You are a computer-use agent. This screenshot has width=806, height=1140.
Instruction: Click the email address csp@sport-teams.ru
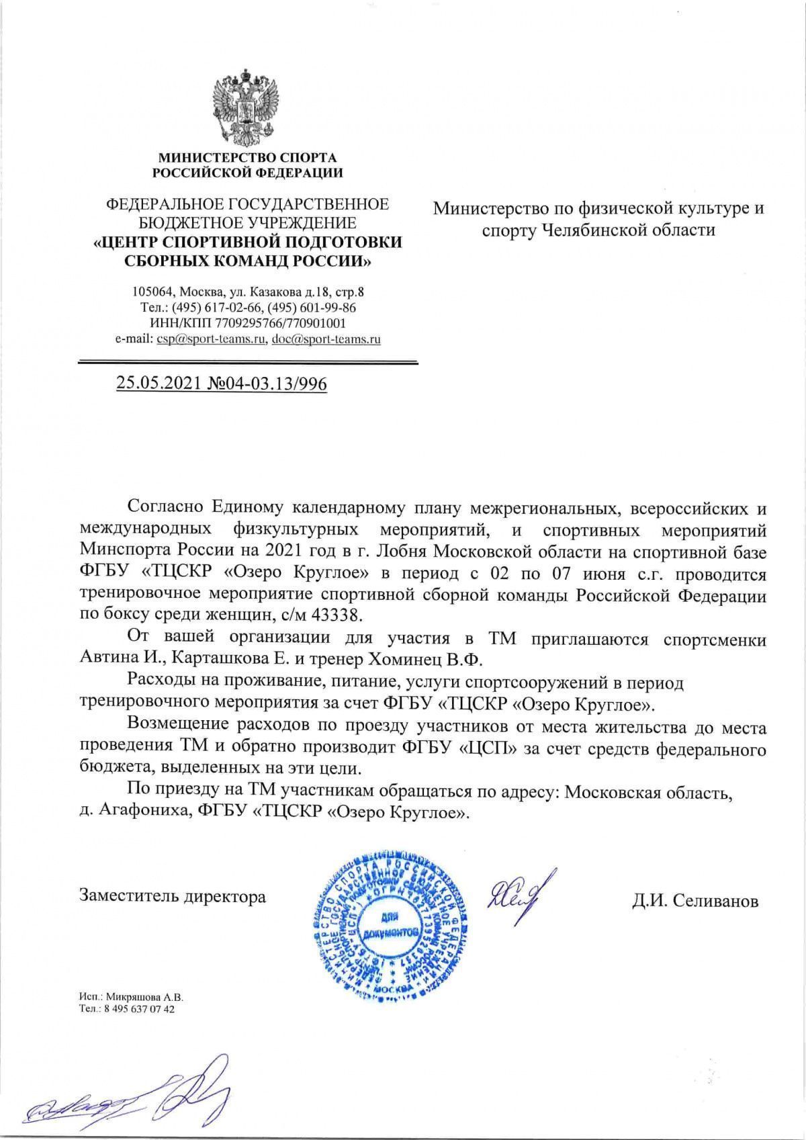pos(209,339)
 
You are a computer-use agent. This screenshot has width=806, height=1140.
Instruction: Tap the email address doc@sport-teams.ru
pos(326,339)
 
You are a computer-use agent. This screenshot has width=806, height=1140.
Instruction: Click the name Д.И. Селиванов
pos(695,901)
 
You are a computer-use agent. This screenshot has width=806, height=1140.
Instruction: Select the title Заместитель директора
pos(173,896)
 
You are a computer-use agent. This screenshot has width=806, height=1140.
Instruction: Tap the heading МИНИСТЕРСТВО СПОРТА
pos(247,159)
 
